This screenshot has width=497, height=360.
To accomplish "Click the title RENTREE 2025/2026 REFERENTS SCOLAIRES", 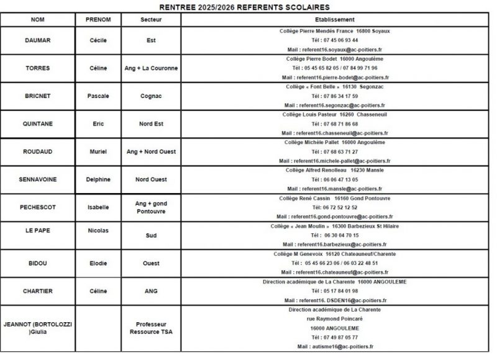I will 248,7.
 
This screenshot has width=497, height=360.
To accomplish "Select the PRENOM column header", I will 98,20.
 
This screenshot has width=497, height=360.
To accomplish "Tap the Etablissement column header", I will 335,20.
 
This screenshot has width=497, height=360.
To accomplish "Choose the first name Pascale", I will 98,96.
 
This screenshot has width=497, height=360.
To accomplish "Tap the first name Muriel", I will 98,151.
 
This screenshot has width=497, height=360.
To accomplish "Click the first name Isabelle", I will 98,207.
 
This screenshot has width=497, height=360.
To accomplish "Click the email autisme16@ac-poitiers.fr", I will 335,346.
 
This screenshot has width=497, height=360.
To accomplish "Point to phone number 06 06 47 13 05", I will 335,179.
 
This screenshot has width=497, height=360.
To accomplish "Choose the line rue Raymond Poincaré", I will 335,318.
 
